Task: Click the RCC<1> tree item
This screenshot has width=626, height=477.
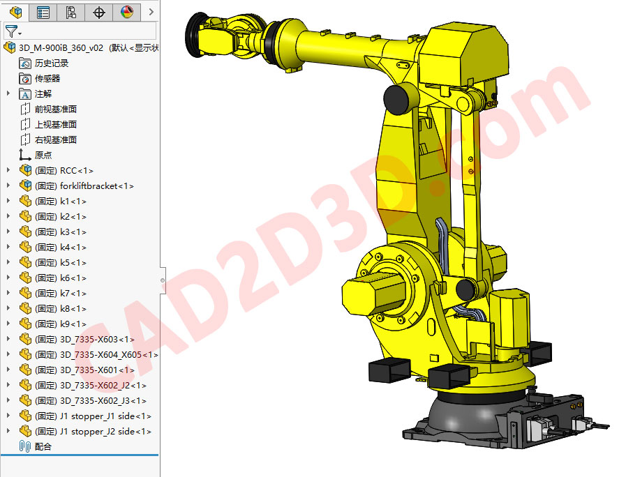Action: click(x=76, y=171)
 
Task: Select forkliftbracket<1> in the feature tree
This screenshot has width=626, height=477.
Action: click(x=96, y=186)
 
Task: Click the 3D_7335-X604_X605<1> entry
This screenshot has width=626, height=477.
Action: click(x=109, y=355)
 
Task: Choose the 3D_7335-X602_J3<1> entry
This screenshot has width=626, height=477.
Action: click(x=103, y=401)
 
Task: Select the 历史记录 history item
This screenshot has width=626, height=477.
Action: click(x=52, y=63)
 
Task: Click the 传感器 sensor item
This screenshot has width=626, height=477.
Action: click(x=47, y=79)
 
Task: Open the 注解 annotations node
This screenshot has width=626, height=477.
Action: click(x=43, y=94)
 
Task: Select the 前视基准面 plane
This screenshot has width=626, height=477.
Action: click(x=56, y=109)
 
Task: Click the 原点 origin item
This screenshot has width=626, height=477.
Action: click(x=43, y=156)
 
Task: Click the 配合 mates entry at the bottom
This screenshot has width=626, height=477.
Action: click(x=43, y=447)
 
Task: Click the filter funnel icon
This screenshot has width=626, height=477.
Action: click(x=11, y=31)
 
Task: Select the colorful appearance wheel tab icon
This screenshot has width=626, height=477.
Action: click(x=126, y=12)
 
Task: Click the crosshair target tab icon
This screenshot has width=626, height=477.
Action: click(x=99, y=12)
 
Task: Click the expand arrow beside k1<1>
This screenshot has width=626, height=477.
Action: click(x=8, y=202)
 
